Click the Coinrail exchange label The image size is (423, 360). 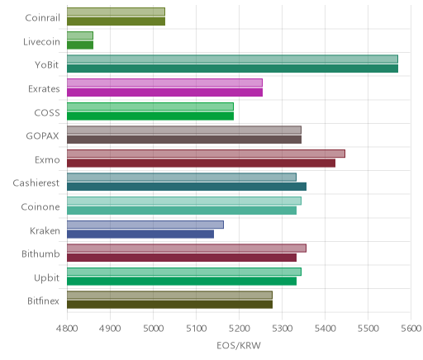[42, 18]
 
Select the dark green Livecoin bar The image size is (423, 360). [80, 45]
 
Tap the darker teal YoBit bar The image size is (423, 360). [233, 69]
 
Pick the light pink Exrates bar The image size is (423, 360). [164, 83]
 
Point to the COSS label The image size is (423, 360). [47, 113]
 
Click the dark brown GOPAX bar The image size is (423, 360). [184, 140]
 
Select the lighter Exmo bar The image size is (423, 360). [206, 154]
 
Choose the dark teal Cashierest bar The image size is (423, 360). [187, 187]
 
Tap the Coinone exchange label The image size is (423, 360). [40, 207]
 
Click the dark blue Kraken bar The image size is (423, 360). [140, 234]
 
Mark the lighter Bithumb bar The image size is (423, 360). [187, 248]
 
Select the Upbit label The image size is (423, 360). [46, 278]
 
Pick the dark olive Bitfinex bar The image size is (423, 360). [170, 305]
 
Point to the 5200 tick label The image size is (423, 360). [239, 329]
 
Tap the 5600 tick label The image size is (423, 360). [411, 329]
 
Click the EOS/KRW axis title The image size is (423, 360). [239, 346]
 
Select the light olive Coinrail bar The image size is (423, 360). [116, 12]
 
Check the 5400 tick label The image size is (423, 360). [325, 329]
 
